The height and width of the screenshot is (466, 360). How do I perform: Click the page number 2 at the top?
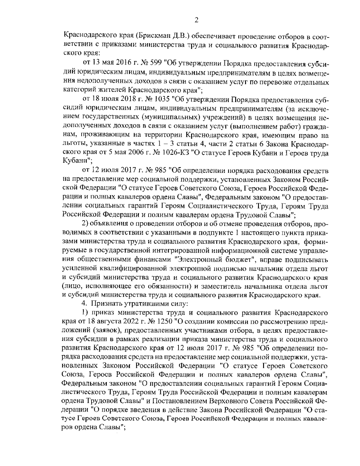[196, 20]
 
